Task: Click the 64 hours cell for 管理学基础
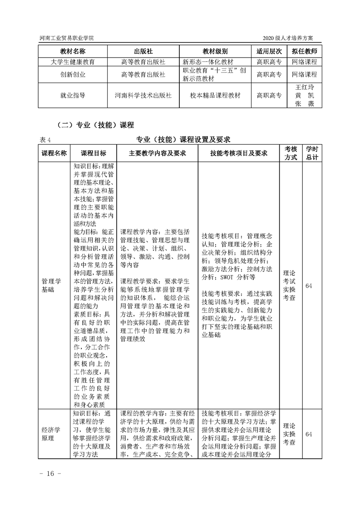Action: pyautogui.click(x=309, y=285)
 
